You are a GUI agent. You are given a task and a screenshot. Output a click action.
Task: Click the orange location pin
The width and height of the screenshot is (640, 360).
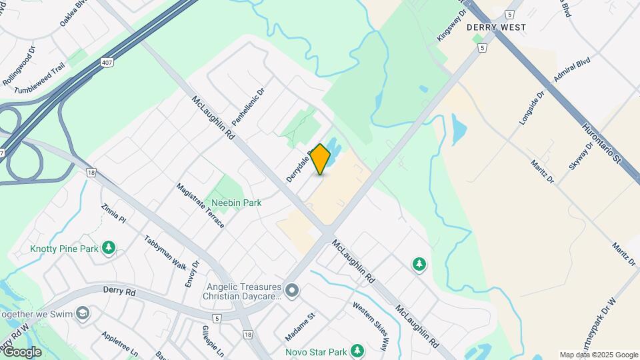pyautogui.click(x=321, y=159)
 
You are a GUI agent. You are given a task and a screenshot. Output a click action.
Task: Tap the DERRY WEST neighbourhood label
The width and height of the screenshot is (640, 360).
pyautogui.click(x=496, y=27)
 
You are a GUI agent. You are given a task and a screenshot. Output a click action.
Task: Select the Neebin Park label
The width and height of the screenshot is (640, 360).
pyautogui.click(x=236, y=203)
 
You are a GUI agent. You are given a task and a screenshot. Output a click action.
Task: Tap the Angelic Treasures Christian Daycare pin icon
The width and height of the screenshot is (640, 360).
pyautogui.click(x=291, y=290)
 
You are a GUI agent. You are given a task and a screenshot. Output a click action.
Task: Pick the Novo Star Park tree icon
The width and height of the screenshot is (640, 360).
pyautogui.click(x=358, y=351)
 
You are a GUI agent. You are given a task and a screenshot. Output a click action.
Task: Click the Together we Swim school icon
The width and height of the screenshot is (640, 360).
pyautogui.click(x=82, y=313)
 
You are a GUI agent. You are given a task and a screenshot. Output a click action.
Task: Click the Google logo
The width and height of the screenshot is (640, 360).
pyautogui.click(x=21, y=351)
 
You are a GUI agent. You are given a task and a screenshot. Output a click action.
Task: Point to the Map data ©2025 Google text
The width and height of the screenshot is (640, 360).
pyautogui.click(x=599, y=355)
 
